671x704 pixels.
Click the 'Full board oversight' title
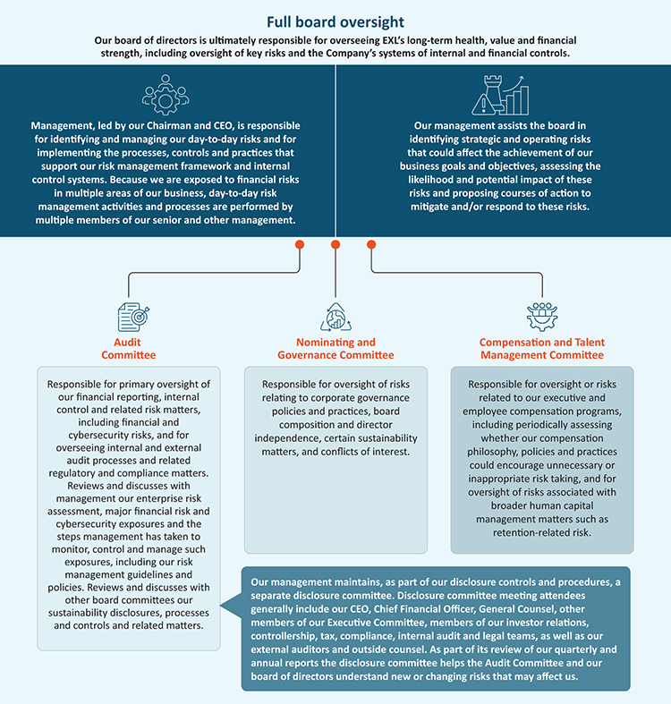tap(335, 21)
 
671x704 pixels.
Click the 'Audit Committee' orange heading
tap(128, 348)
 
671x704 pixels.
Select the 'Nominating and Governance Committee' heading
tap(335, 348)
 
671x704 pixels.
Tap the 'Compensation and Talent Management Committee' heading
tap(541, 348)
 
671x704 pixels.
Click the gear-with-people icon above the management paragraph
tap(166, 95)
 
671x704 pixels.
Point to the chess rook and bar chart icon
tap(500, 95)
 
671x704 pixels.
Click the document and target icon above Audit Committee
tap(133, 317)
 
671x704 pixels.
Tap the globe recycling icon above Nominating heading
tap(335, 317)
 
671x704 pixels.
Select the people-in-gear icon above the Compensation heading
tap(542, 317)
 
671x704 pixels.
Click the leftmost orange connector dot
tap(300, 244)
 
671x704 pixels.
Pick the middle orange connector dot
tap(335, 244)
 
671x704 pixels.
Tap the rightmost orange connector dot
tap(371, 244)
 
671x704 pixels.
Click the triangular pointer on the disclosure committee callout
tap(231, 606)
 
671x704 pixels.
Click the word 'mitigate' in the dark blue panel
tap(429, 207)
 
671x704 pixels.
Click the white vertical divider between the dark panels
tap(335, 150)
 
